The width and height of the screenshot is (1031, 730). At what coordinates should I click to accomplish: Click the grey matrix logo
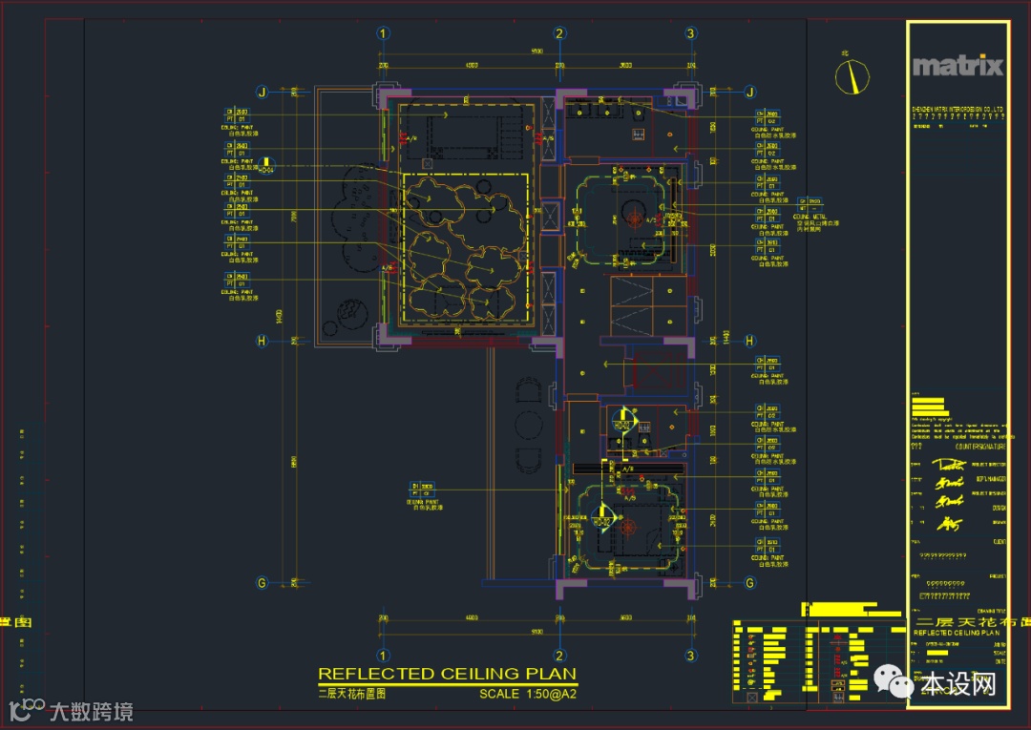click(x=957, y=66)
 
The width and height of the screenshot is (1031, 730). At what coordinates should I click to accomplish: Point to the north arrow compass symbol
click(x=852, y=76)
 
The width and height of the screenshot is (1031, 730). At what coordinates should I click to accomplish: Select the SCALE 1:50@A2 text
click(x=528, y=694)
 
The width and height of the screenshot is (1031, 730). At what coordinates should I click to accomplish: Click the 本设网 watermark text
click(x=957, y=684)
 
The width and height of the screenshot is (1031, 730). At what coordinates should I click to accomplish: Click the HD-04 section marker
click(x=267, y=166)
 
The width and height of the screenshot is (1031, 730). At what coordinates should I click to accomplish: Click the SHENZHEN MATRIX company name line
click(x=957, y=110)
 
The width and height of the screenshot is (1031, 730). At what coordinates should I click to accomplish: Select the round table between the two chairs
click(x=528, y=423)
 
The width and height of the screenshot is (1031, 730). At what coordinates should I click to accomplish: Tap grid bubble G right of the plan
click(x=749, y=582)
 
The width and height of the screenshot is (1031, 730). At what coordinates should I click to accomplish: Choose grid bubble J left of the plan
click(x=261, y=93)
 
